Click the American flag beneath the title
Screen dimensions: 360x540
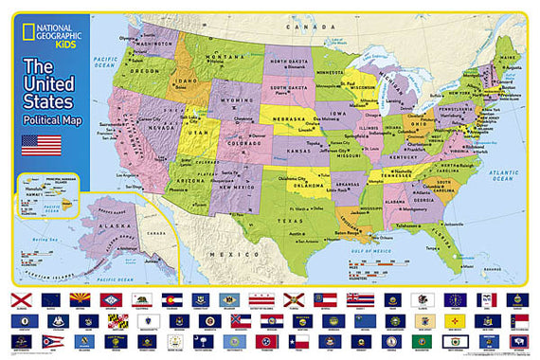tap(43, 145)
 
